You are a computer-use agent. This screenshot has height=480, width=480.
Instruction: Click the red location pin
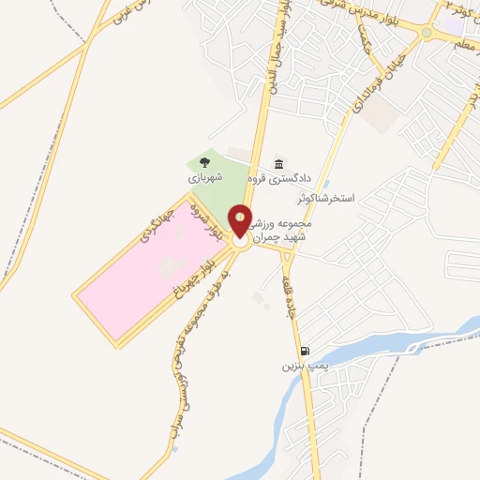pyautogui.click(x=241, y=221)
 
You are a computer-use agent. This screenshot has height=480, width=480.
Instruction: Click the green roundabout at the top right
pyautogui.click(x=427, y=32)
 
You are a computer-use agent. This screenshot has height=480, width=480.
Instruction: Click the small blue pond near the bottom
pyautogui.click(x=175, y=449)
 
